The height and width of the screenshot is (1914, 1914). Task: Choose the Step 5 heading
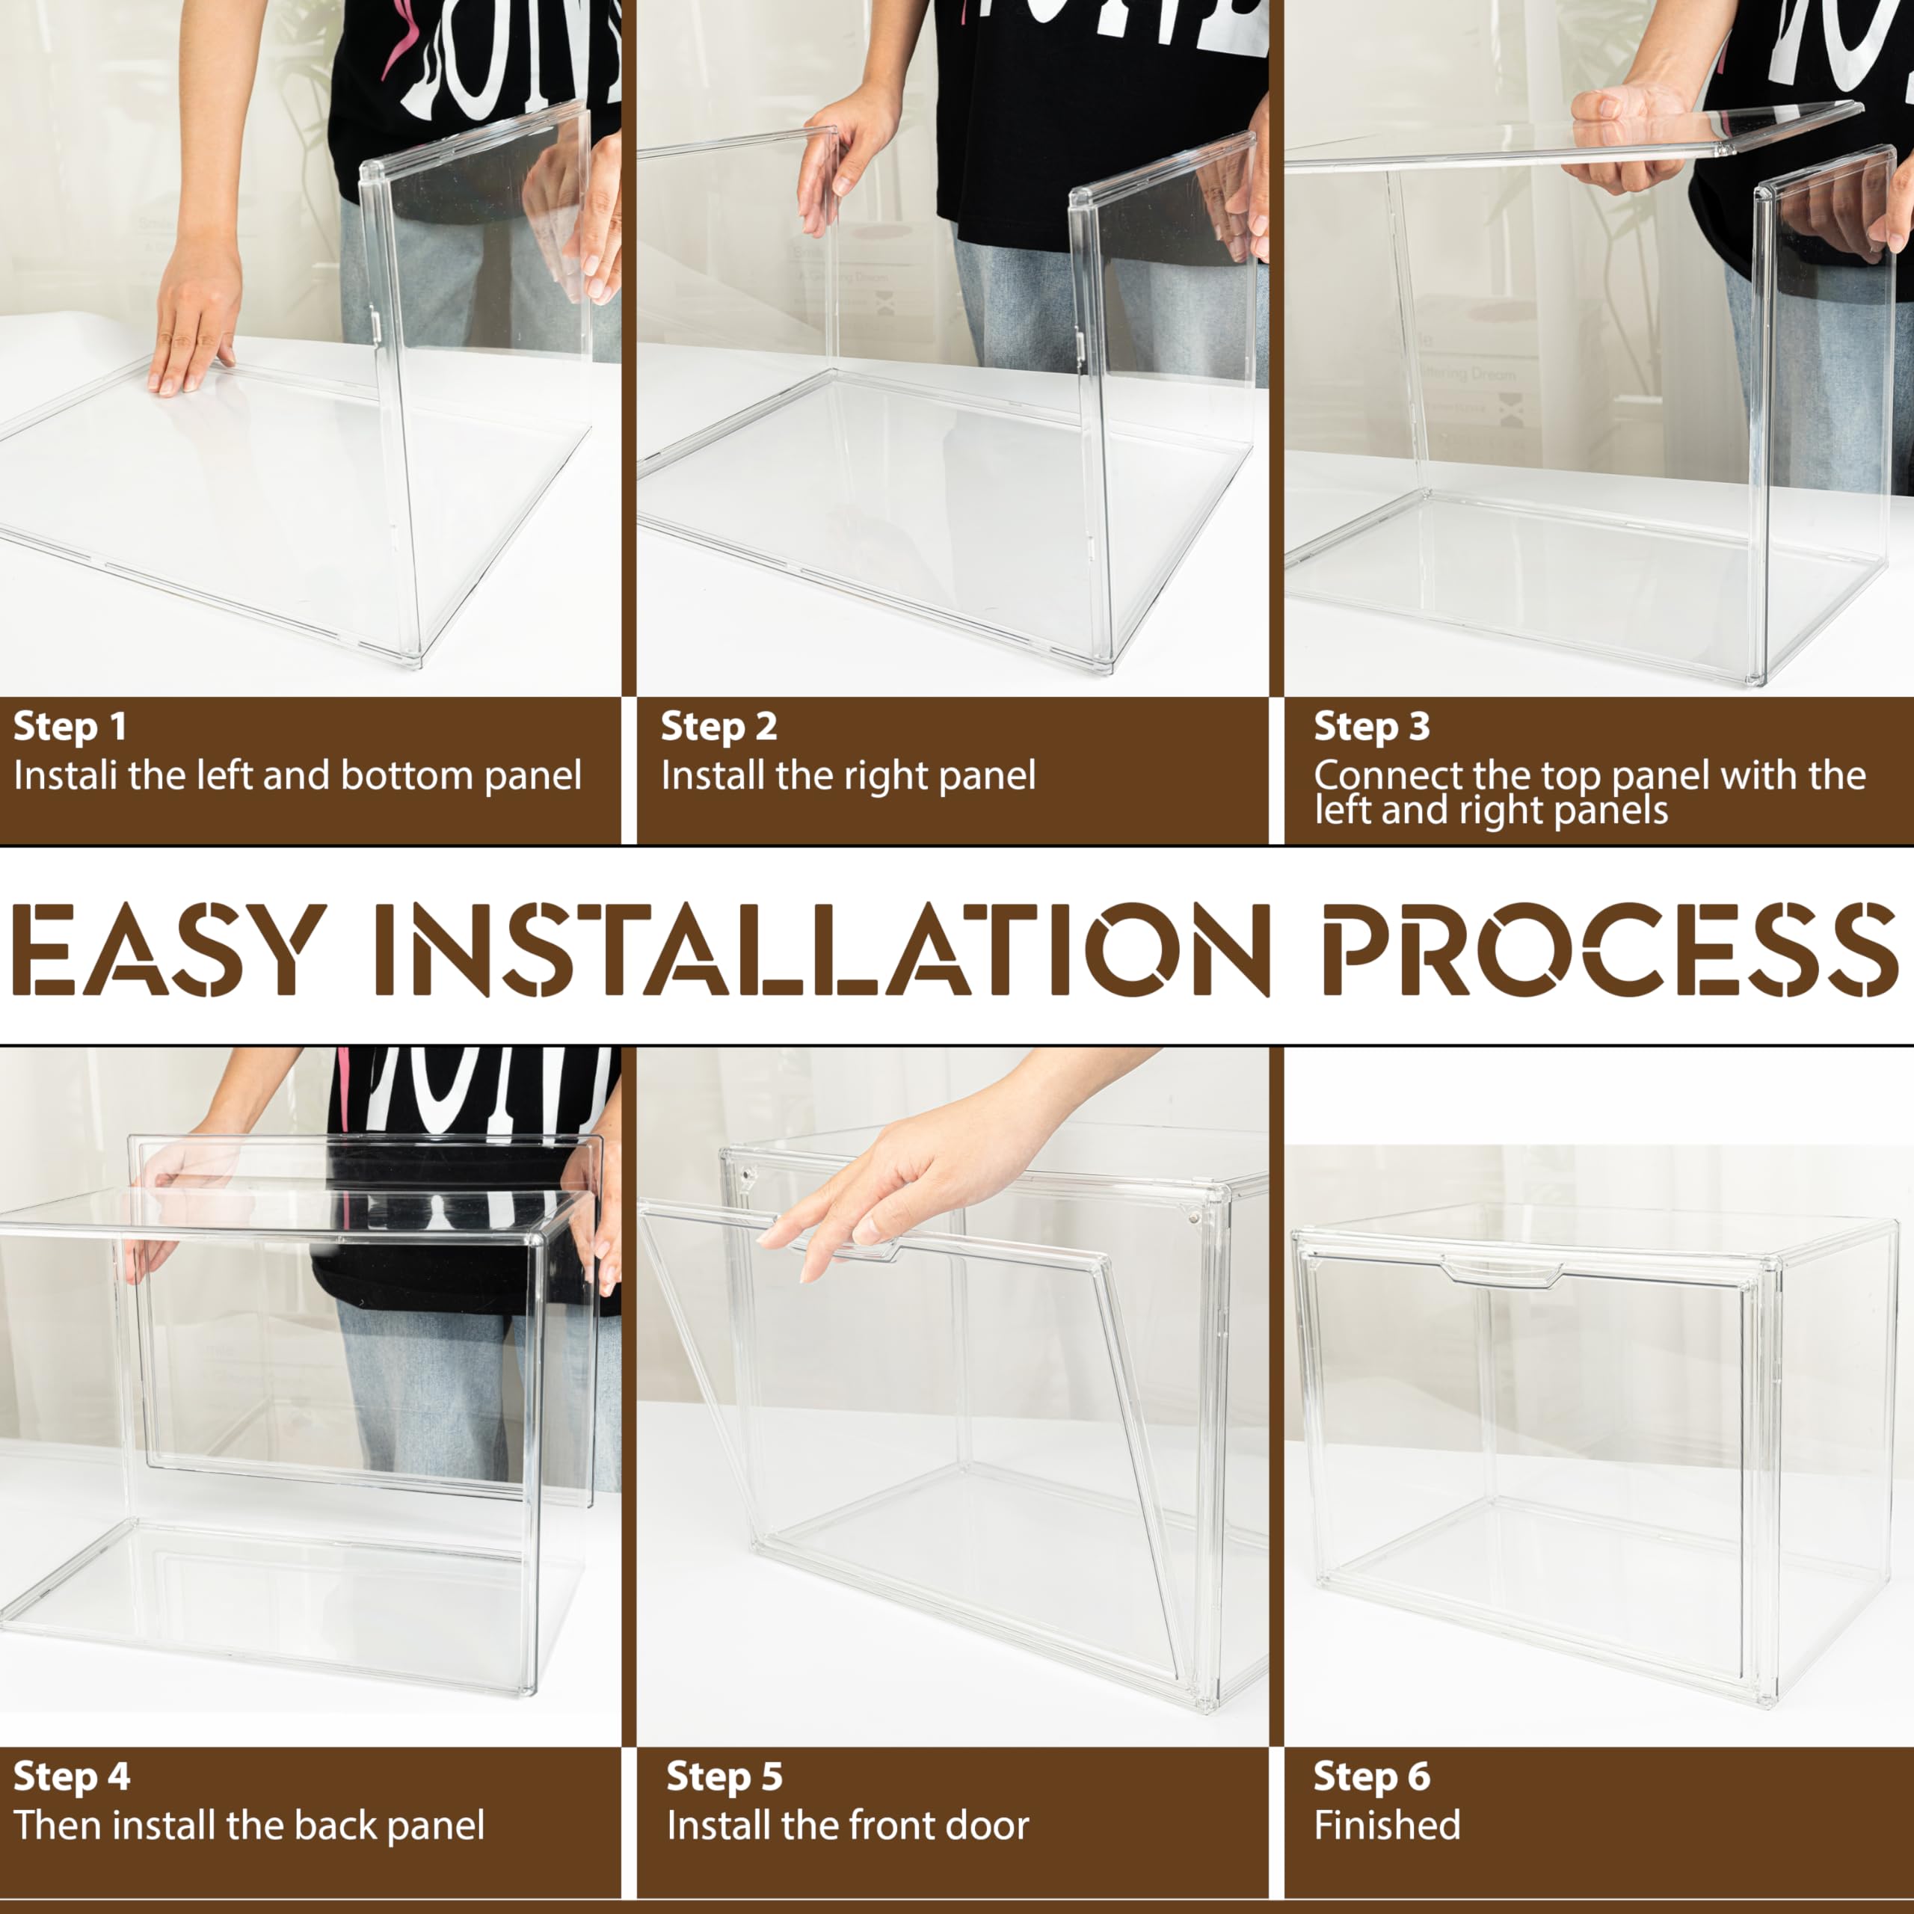[724, 1776]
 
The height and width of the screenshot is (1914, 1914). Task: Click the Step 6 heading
[1372, 1776]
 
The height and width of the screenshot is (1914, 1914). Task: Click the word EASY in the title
[168, 948]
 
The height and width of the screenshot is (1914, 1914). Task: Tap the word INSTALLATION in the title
[821, 948]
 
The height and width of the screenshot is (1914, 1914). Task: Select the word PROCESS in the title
[1610, 948]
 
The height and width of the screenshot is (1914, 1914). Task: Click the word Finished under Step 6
[1387, 1825]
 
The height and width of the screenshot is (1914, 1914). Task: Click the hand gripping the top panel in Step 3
[1634, 139]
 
